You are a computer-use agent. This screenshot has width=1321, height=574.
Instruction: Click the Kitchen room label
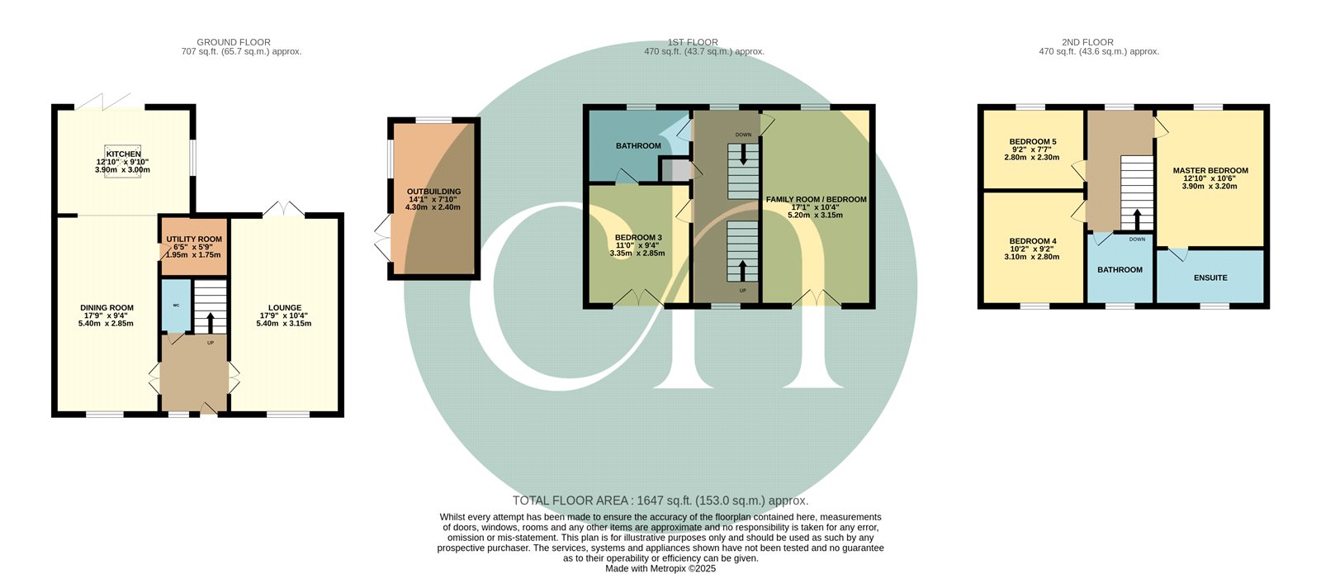coord(123,154)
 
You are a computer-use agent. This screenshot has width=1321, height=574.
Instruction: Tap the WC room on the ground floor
coord(176,306)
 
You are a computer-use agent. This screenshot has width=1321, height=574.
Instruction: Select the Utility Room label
coord(194,239)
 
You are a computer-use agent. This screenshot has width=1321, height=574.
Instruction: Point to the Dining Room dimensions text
coord(107,319)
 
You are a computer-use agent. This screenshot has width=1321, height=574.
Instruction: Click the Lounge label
coord(285,307)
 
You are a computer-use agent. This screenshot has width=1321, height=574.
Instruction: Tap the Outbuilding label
coord(433,192)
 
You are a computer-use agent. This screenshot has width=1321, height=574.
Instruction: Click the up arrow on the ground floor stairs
coord(211,323)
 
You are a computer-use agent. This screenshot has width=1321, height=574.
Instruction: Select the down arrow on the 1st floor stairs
coord(742,154)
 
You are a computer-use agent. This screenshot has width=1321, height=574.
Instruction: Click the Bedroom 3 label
coord(638,237)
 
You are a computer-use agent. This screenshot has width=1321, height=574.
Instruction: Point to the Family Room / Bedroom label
coord(817,199)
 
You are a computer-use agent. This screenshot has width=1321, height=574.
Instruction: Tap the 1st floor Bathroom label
coord(638,145)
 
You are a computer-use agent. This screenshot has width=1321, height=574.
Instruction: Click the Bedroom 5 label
coord(1033,141)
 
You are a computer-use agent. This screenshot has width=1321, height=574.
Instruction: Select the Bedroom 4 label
coord(1033,240)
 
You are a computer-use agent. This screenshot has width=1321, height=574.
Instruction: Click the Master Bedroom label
coord(1210,170)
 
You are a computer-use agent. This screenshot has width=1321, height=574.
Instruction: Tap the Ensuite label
coord(1210,278)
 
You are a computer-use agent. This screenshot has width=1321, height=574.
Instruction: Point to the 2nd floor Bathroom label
coord(1120,269)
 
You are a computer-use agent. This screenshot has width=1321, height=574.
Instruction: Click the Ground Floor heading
coord(234,42)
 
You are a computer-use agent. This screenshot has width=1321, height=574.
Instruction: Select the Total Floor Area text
coord(660,500)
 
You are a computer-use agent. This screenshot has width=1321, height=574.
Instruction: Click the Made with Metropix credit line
coord(660,569)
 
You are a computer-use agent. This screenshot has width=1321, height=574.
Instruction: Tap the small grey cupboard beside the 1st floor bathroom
coord(674,170)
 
